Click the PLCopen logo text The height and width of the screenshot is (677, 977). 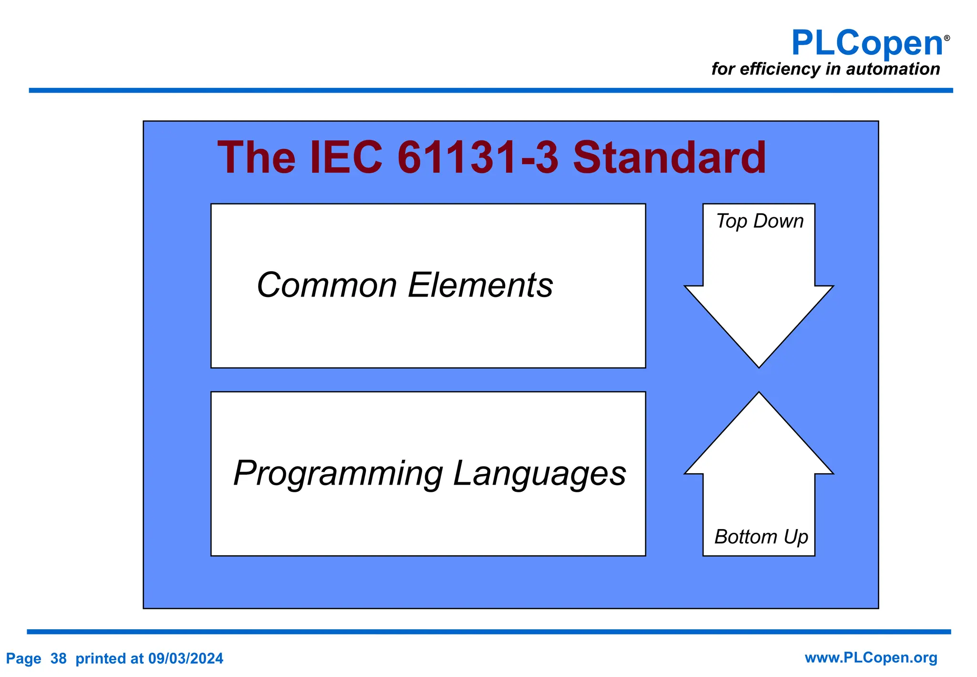pyautogui.click(x=867, y=44)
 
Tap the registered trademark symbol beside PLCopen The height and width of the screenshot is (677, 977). pyautogui.click(x=947, y=38)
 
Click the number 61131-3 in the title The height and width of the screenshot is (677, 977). pyautogui.click(x=478, y=158)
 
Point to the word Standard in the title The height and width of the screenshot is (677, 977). pyautogui.click(x=669, y=158)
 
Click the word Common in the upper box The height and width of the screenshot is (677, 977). pyautogui.click(x=327, y=285)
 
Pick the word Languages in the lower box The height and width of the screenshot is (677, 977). pyautogui.click(x=539, y=474)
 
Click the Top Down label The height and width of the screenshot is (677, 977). pyautogui.click(x=759, y=222)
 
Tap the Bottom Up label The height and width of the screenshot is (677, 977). pyautogui.click(x=761, y=537)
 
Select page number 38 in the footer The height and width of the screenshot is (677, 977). pyautogui.click(x=58, y=659)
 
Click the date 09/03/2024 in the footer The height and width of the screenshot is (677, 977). pyautogui.click(x=186, y=659)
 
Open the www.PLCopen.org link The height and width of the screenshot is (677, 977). pyautogui.click(x=871, y=658)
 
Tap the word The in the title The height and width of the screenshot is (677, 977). pyautogui.click(x=256, y=158)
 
